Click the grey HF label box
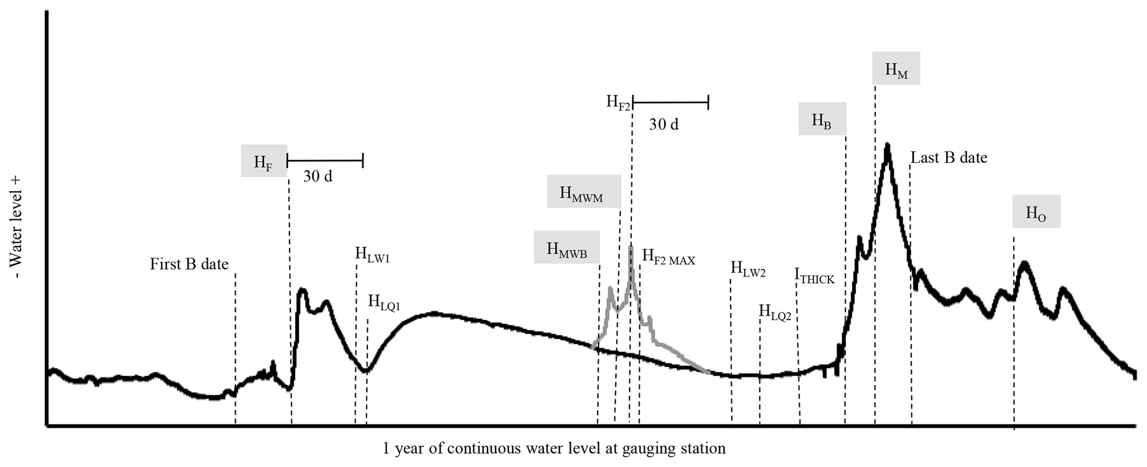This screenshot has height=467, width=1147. coord(264,161)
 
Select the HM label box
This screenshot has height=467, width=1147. coord(896,68)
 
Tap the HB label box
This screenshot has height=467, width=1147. coord(822,119)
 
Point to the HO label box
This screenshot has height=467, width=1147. coord(1036,212)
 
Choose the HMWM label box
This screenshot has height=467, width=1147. coord(584,192)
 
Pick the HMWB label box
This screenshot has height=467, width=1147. coord(567,247)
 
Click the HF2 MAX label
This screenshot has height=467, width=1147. coord(669,258)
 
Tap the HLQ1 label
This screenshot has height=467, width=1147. coord(384,303)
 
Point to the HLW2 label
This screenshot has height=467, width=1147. coord(748,269)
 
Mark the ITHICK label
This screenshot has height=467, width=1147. coord(814,276)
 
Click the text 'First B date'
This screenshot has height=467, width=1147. coord(189,264)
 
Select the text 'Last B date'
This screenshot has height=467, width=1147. coord(949,158)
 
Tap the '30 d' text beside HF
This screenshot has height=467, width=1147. coord(318,177)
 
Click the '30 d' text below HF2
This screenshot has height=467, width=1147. coord(664,124)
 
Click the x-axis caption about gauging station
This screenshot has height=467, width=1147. coord(554,448)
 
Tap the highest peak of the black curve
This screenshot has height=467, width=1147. coord(888,145)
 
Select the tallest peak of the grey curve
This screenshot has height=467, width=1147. coord(630,247)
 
